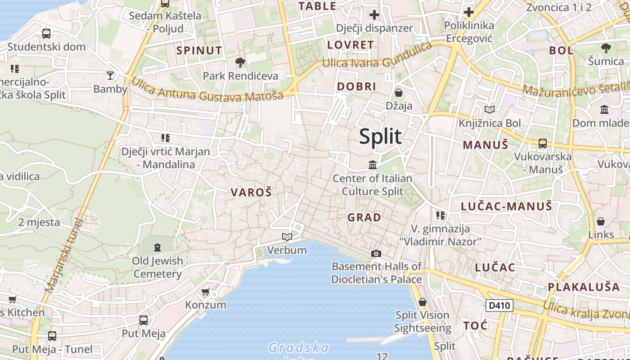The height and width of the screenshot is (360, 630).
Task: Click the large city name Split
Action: (380, 136)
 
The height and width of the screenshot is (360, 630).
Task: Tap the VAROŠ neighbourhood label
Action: (251, 193)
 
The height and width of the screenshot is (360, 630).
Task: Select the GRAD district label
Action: (364, 217)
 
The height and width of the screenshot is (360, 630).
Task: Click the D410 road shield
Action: (499, 306)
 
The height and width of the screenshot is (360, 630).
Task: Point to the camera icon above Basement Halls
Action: (376, 254)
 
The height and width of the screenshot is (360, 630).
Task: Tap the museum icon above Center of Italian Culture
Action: (373, 165)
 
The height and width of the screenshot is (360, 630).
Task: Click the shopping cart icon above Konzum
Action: (206, 292)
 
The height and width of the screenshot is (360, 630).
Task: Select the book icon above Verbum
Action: (287, 237)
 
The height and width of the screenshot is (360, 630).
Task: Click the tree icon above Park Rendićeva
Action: (240, 62)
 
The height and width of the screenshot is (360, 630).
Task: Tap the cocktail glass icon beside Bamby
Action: (110, 75)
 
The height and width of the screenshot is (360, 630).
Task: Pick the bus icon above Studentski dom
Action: (46, 33)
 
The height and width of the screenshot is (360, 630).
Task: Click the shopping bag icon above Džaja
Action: (399, 93)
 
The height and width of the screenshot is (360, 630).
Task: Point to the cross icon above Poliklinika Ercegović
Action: (469, 12)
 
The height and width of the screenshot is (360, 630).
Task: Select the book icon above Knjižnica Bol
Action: (490, 109)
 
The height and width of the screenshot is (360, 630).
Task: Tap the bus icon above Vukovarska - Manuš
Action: (543, 144)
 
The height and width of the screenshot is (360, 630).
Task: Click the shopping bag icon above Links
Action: (601, 221)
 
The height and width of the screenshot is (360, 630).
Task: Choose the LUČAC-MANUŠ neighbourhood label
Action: (506, 207)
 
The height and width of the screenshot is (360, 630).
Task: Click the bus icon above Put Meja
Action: (144, 320)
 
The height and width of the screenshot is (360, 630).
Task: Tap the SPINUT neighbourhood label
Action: (199, 50)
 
